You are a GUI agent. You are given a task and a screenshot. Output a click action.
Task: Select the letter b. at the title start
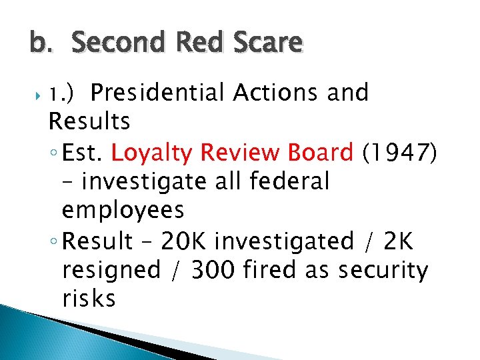coord(39,44)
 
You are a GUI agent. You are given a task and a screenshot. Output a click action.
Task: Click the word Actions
coord(277,93)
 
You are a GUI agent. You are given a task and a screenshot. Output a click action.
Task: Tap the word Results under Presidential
coord(89,122)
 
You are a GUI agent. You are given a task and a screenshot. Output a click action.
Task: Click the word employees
coord(123,211)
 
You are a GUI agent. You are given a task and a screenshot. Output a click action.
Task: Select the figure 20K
coord(193,240)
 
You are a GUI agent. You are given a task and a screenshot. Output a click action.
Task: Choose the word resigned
coord(111,270)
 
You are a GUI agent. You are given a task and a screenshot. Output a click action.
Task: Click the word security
coord(383,270)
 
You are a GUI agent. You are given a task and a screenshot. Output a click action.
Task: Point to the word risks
coord(89,299)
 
